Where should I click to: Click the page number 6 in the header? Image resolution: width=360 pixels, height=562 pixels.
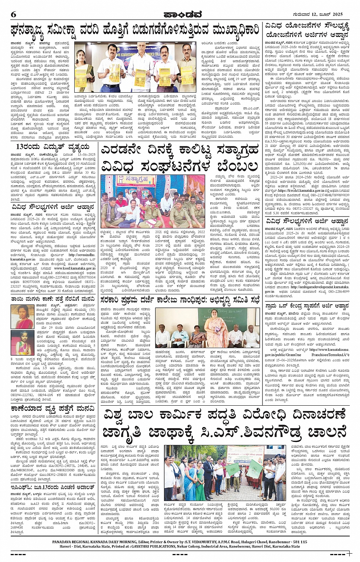pos(14,14)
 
